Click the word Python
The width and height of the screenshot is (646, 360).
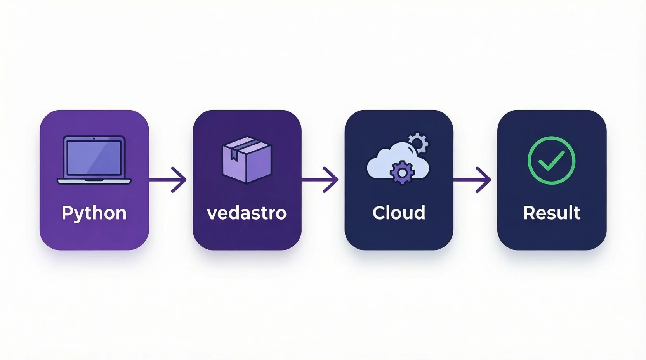pos(94,213)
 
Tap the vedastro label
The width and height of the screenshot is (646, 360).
pos(247,213)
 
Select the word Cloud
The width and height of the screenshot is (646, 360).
pos(399,213)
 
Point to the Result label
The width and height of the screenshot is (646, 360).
pos(552,213)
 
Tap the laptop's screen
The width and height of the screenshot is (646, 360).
pos(94,157)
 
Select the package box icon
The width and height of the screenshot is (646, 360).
pos(247,160)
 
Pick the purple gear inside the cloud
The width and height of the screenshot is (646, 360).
pos(402,172)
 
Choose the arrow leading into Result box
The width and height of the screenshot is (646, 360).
pos(472,180)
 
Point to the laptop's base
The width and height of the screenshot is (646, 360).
pos(94,181)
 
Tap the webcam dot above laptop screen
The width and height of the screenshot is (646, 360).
pos(94,138)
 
